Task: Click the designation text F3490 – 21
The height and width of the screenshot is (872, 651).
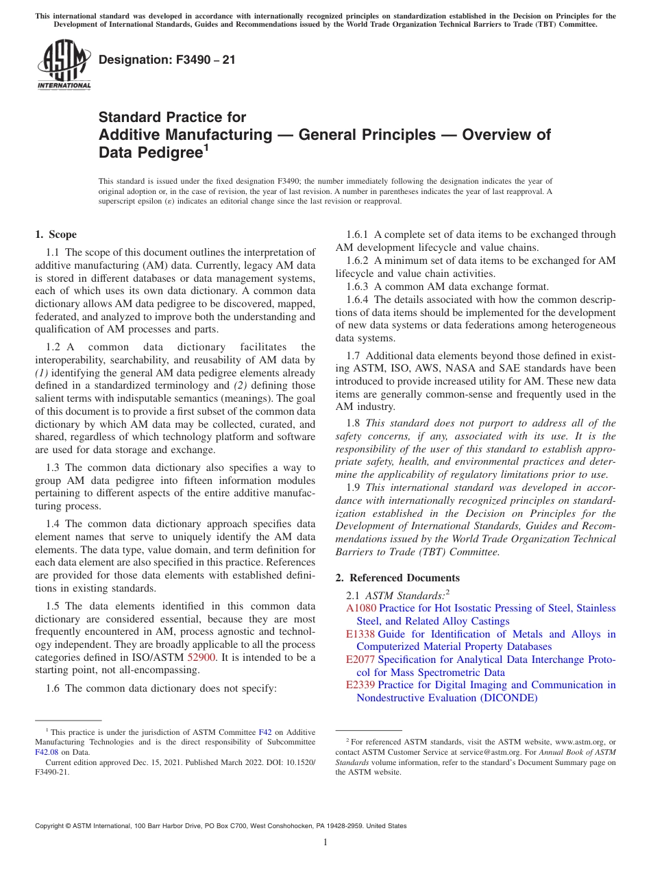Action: pos(167,60)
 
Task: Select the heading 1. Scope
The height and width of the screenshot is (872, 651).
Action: pos(56,234)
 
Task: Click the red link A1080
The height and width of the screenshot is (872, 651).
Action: pos(361,608)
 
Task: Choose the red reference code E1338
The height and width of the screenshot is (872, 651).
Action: pos(360,634)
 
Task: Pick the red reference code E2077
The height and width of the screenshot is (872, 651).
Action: pos(360,659)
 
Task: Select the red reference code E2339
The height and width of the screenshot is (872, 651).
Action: pos(360,685)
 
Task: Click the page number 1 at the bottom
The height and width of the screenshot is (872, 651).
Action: pos(325,843)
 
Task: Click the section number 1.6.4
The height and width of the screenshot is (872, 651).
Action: pos(358,300)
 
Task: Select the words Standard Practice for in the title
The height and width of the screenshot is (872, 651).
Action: pos(172,117)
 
